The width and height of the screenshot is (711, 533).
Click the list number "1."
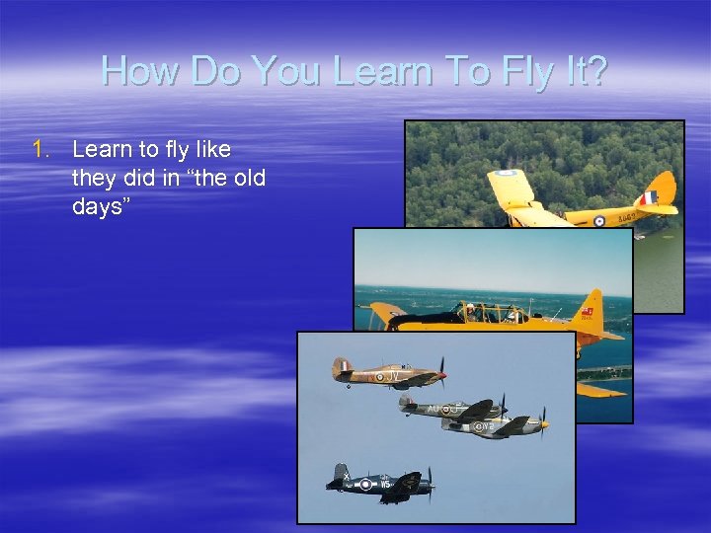click(x=40, y=150)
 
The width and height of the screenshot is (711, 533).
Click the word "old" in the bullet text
click(x=246, y=179)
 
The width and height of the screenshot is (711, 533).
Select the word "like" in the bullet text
click(x=210, y=150)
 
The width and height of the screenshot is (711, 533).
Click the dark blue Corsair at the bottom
click(x=380, y=483)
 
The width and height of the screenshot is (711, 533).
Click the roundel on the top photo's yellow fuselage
click(x=598, y=221)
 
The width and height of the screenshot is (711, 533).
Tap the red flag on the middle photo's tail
click(x=589, y=311)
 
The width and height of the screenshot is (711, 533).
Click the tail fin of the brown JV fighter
click(x=342, y=367)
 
